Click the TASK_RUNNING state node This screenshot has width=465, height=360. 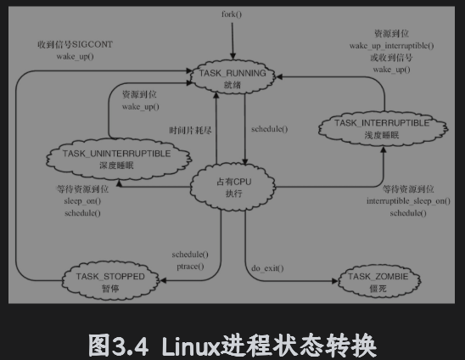[x=232, y=78]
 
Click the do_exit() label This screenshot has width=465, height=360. [x=267, y=269]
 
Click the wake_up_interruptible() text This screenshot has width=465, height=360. [x=392, y=44]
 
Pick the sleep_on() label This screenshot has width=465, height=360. [x=82, y=201]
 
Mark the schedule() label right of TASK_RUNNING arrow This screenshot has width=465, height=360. [x=270, y=129]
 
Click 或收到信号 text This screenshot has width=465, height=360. [x=392, y=56]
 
